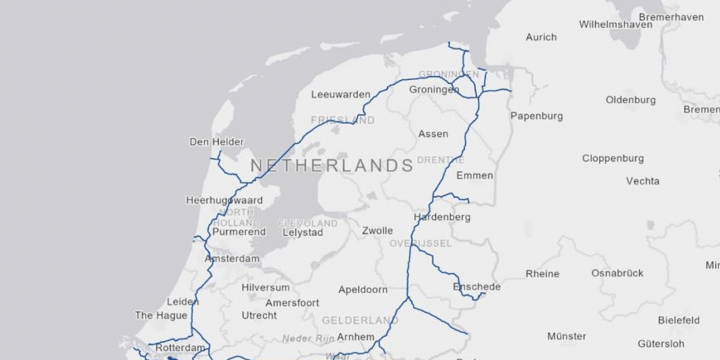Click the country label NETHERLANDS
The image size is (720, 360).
coord(331,164)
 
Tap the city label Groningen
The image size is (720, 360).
coord(434,89)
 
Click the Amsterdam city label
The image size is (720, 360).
coord(231,258)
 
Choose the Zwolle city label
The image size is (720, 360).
coord(378,230)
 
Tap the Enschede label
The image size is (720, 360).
coord(476,286)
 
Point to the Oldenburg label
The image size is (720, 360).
coord(630,100)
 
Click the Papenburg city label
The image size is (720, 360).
coord(536,116)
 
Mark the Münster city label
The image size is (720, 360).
coord(566,337)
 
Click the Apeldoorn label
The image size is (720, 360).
coord(363,289)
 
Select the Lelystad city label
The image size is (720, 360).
coord(303,232)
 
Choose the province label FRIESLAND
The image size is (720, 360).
coord(342,120)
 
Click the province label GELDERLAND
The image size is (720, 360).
coord(360,320)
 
